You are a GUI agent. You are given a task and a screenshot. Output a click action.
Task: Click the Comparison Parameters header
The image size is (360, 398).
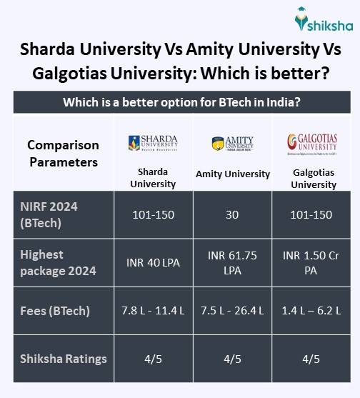click(x=63, y=153)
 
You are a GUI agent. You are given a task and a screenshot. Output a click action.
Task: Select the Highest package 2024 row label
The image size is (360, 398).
click(x=56, y=262)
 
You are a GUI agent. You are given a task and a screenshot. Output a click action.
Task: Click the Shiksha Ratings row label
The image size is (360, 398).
click(x=64, y=359)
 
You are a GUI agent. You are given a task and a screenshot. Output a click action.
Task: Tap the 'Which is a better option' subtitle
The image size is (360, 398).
click(x=180, y=102)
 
